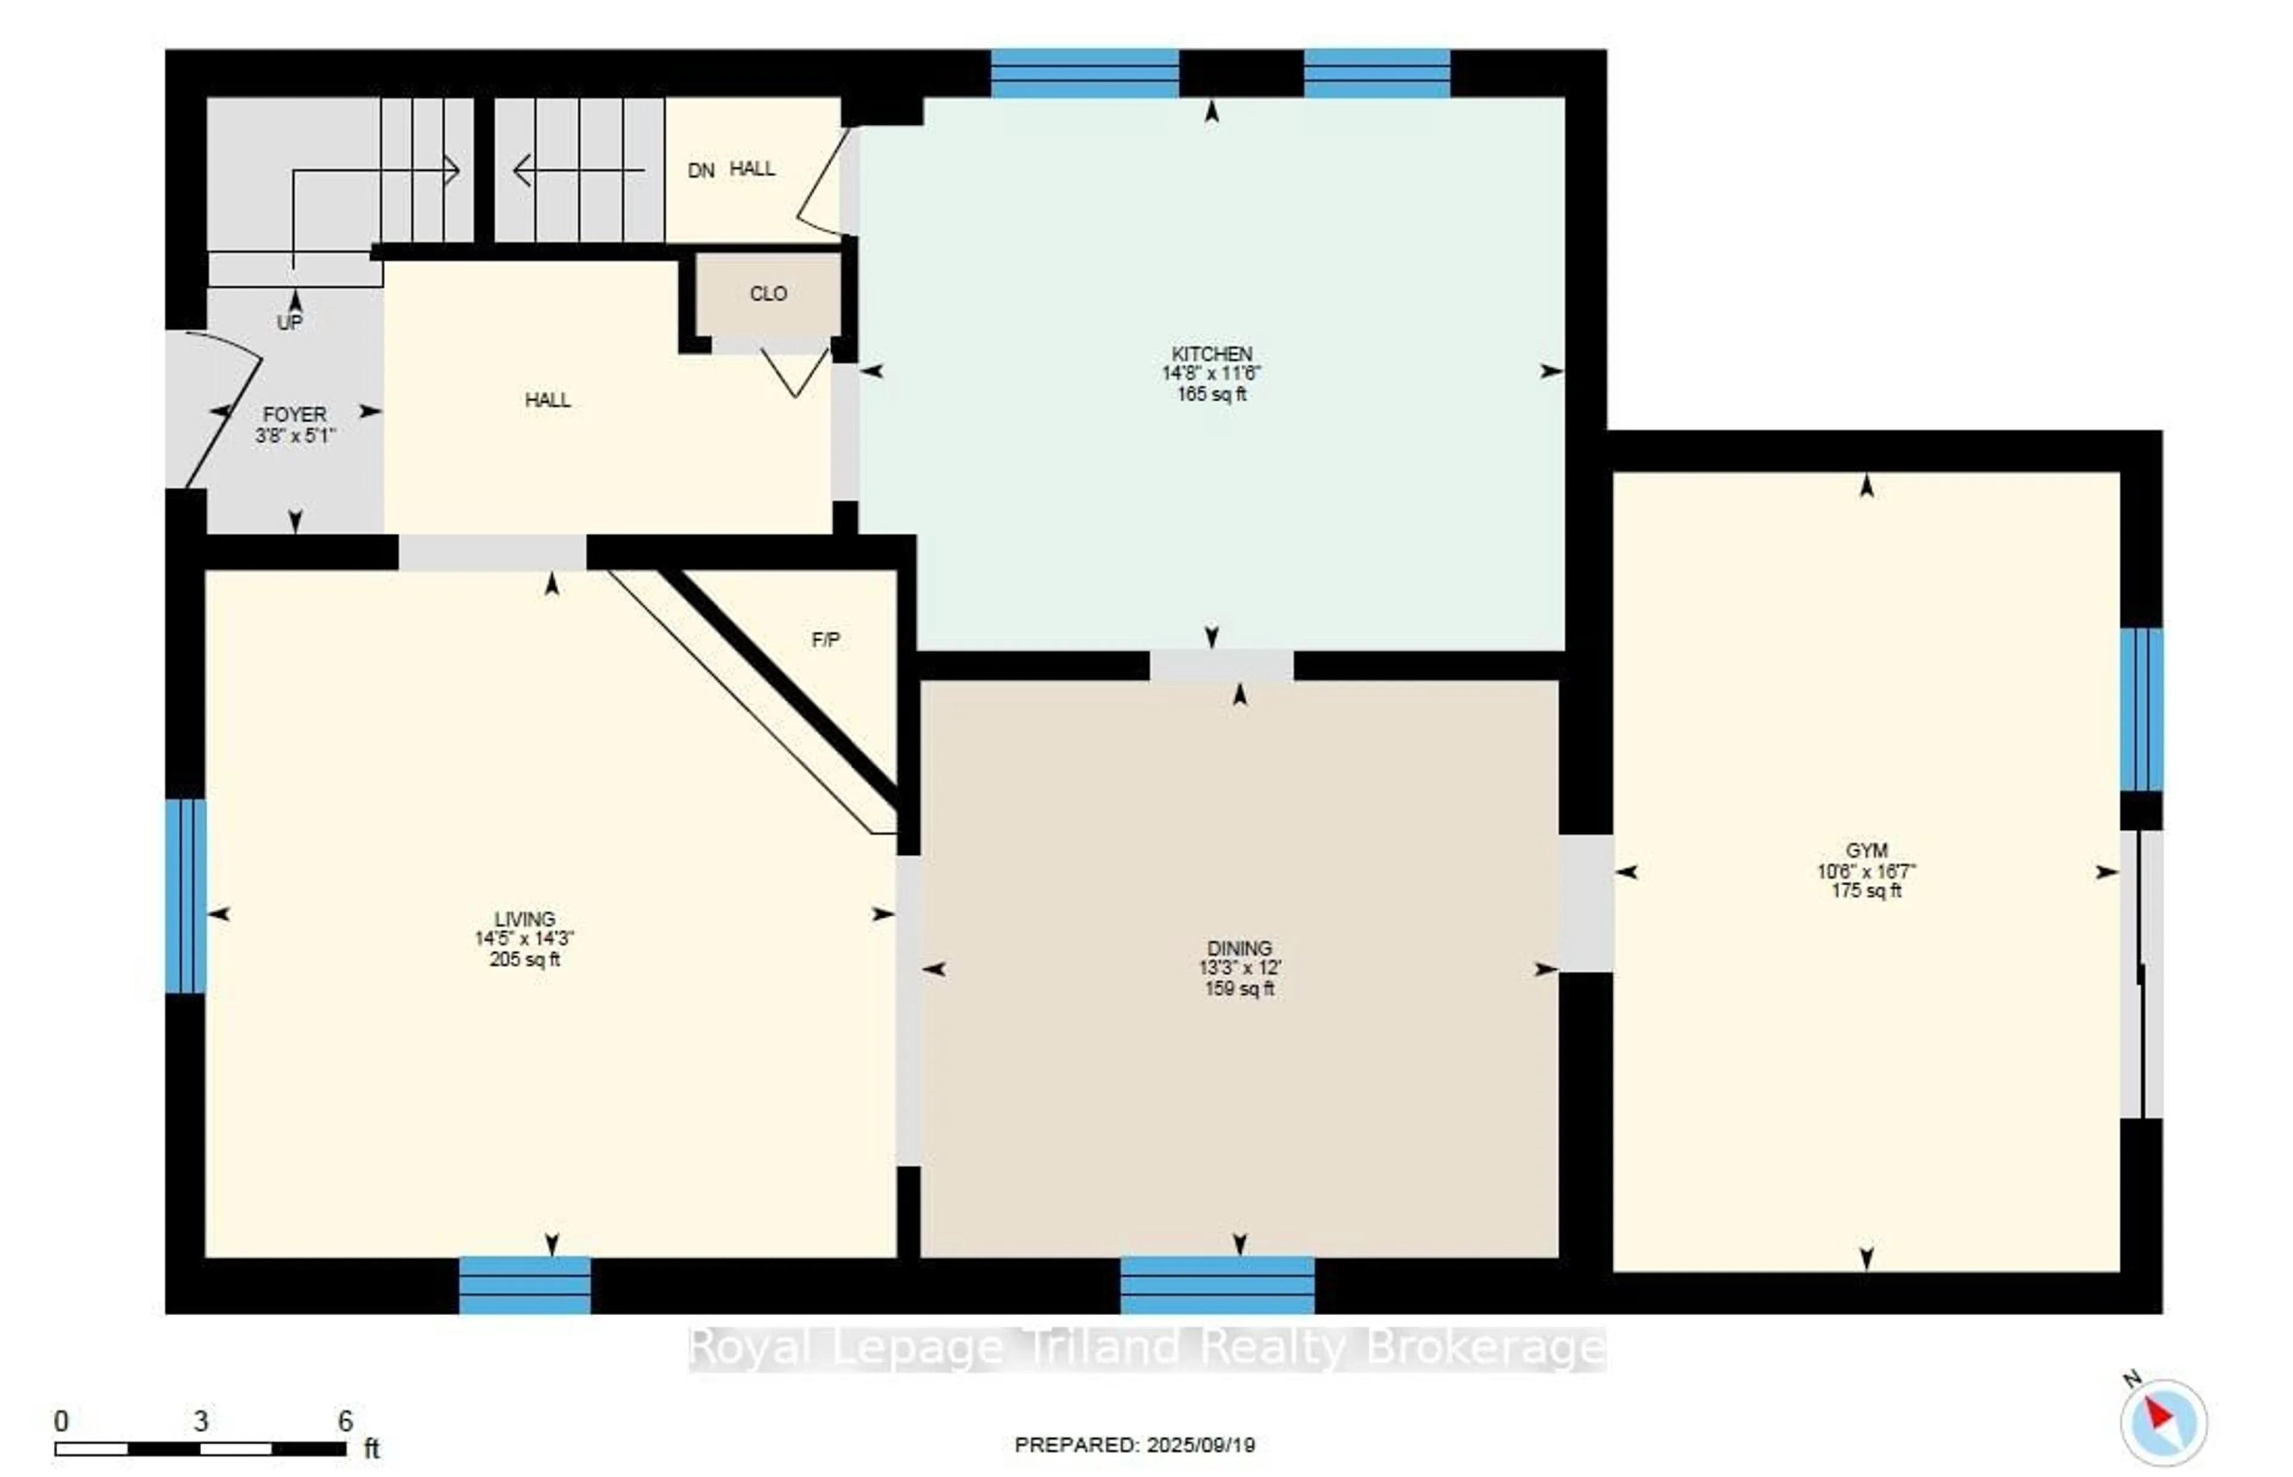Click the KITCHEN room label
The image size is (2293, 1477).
tap(1211, 354)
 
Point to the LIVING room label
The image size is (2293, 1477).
tap(524, 919)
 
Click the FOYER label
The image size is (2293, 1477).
tap(294, 414)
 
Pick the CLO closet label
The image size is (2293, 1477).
tap(768, 294)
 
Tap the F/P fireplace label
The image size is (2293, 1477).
tap(826, 640)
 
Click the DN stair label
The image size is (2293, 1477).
tap(701, 171)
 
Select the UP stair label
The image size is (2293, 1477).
tap(290, 322)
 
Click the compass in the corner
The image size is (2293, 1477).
tap(2163, 1421)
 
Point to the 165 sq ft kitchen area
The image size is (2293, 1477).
tap(1211, 394)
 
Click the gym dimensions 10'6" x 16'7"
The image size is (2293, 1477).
tap(1866, 871)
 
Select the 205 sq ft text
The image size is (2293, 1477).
tap(524, 959)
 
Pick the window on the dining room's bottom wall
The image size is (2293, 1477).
tap(1217, 1285)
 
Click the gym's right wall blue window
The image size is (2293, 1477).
tap(2141, 710)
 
